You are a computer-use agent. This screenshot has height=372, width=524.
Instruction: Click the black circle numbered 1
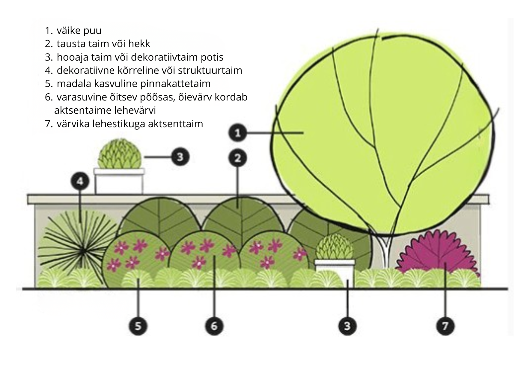tap(238, 133)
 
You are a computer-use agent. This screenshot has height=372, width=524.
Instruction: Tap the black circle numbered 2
tap(238, 158)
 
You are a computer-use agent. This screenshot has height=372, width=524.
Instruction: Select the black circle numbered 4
tap(80, 181)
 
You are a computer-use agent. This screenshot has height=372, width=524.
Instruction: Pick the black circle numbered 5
tap(138, 326)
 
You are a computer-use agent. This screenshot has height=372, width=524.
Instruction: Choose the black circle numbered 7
tap(445, 326)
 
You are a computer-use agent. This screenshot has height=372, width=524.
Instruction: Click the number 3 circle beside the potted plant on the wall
tap(180, 157)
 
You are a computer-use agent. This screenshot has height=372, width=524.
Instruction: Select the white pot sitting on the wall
tap(119, 181)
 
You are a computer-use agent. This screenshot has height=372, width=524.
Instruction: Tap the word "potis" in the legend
tap(213, 57)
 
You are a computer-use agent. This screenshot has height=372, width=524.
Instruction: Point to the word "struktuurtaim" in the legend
tap(210, 70)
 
